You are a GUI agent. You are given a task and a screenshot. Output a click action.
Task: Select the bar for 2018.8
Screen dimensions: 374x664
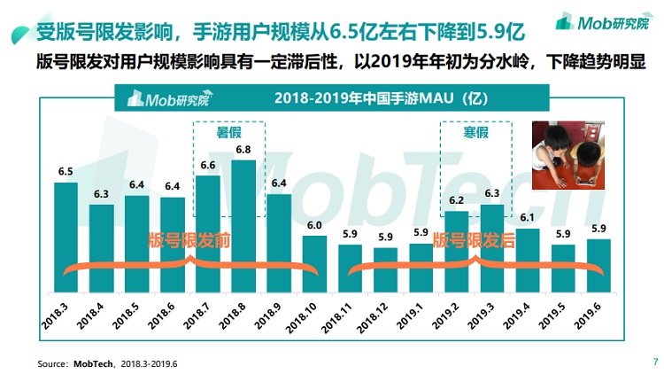tap(243, 227)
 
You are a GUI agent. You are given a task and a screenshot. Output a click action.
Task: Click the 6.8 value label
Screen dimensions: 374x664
tap(243, 150)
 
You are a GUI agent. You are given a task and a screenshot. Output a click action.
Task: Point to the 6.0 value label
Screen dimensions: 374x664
tap(314, 225)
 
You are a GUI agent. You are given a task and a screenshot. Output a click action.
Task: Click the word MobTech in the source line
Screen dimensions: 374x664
tap(92, 363)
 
